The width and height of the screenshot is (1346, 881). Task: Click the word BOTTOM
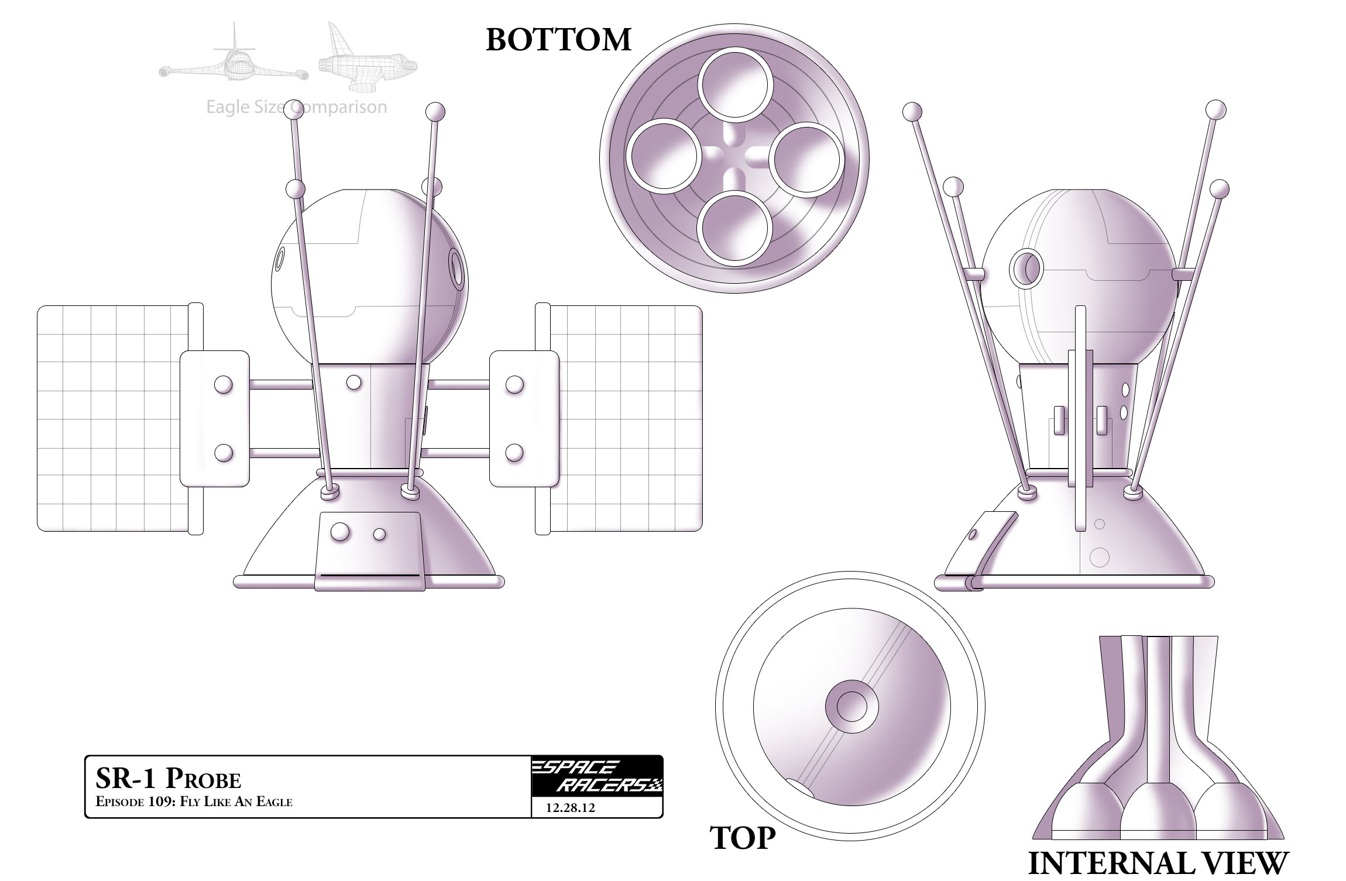(558, 40)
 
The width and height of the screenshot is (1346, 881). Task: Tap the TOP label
(743, 838)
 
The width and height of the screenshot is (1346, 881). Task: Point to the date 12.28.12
(570, 808)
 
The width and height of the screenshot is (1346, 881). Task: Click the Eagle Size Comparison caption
(297, 107)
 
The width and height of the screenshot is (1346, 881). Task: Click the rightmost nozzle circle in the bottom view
(806, 158)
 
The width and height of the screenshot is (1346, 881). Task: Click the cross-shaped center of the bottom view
(734, 157)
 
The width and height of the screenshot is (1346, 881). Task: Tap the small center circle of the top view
(851, 706)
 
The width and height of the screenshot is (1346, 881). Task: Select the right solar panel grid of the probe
(626, 418)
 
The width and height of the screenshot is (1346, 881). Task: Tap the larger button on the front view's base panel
(340, 532)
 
